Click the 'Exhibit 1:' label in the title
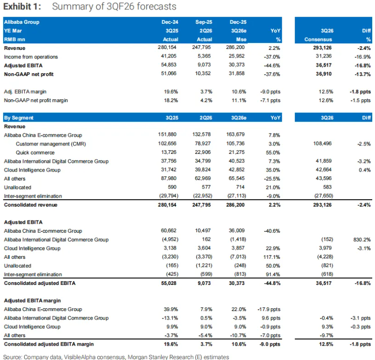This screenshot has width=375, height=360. click(21, 7)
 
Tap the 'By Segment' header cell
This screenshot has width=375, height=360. click(19, 118)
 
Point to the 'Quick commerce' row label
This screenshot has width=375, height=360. click(35, 152)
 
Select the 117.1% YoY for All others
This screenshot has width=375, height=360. click(271, 257)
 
